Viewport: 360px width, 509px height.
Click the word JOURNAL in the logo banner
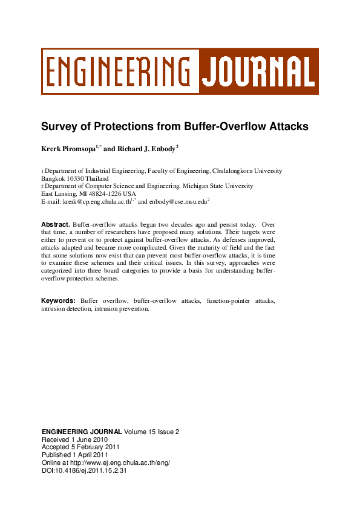click(258, 71)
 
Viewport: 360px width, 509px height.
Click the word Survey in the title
click(59, 127)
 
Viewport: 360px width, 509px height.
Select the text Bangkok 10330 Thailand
click(74, 179)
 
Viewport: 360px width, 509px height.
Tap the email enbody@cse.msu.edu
click(178, 201)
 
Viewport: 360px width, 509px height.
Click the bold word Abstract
click(56, 224)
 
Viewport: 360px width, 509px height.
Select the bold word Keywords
click(58, 300)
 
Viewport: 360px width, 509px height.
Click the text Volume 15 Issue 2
click(151, 432)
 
